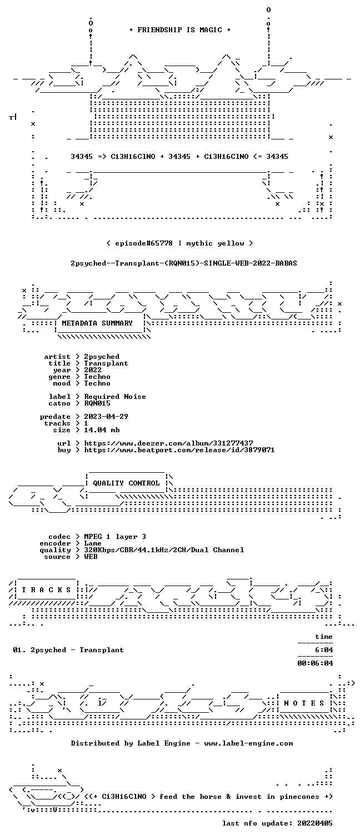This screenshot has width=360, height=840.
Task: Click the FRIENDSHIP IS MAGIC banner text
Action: [179, 30]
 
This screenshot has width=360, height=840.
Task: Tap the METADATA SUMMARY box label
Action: [97, 323]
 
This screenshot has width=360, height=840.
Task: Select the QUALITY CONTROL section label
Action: [126, 483]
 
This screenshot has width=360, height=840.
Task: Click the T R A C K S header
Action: [46, 590]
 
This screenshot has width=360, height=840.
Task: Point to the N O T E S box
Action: [304, 703]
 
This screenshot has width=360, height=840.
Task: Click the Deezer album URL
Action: [168, 443]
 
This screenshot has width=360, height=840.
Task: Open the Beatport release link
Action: [179, 450]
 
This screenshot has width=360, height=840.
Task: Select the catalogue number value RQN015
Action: [97, 403]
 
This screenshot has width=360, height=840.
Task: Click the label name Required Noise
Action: [115, 397]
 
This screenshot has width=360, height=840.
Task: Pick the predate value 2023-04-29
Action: [106, 417]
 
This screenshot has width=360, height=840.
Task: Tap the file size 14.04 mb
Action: [102, 430]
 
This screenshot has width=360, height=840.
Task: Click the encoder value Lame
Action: [93, 543]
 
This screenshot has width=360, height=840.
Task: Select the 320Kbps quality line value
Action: [164, 550]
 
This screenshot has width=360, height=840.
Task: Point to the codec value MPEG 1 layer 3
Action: [115, 537]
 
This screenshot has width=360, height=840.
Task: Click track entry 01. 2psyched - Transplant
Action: [68, 650]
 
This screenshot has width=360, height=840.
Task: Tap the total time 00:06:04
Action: [315, 663]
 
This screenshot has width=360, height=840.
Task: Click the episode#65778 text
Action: [144, 243]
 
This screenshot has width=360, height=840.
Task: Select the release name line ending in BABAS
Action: [184, 263]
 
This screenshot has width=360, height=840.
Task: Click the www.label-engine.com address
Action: [248, 743]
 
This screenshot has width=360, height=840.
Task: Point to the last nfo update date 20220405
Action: [315, 823]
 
